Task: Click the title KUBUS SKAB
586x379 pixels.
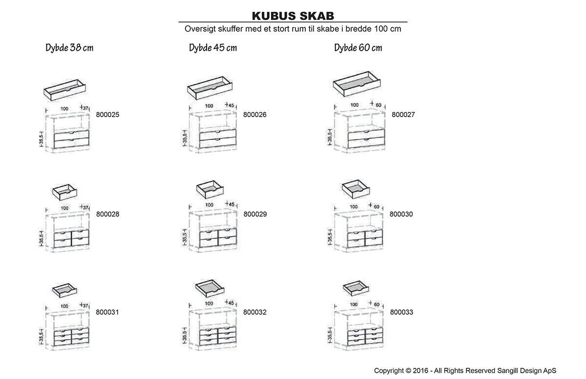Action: point(293,17)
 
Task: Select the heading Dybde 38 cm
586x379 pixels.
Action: point(69,48)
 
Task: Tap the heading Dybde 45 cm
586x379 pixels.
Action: point(213,48)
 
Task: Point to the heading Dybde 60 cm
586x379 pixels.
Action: point(358,48)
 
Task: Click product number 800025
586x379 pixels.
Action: point(108,115)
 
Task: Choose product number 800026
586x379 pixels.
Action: point(255,115)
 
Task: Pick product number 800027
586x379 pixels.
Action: point(403,115)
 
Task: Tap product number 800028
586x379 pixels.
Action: point(108,214)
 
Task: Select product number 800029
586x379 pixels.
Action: point(255,214)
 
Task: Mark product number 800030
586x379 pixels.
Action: point(401,214)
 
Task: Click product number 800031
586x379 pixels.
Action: point(107,312)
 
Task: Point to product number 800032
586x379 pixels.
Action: point(255,312)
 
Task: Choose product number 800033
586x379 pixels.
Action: point(402,312)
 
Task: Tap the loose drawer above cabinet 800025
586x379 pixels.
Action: point(64,89)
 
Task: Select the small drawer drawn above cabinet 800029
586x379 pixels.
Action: point(209,189)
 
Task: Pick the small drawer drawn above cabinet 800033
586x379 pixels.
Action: point(356,289)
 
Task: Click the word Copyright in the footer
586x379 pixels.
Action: point(389,370)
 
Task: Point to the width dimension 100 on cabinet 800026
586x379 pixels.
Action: point(209,106)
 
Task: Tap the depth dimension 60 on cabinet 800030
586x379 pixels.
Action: point(377,207)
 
